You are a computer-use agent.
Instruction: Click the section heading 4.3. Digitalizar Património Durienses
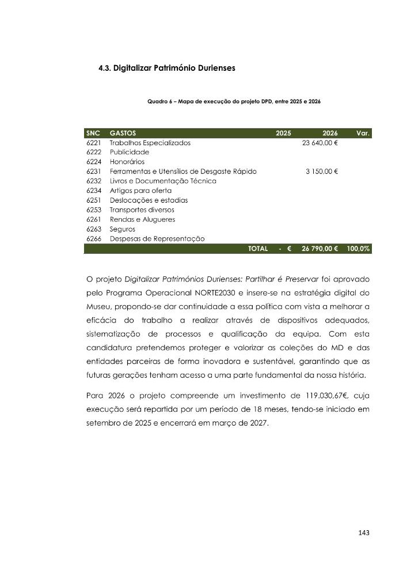166,67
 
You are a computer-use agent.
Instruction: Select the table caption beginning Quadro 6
234,101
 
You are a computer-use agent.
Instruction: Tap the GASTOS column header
123,133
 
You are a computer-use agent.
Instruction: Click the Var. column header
363,133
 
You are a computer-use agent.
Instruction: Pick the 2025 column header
283,133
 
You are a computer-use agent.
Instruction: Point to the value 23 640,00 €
320,143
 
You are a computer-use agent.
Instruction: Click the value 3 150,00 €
321,171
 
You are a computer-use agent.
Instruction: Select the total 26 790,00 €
320,249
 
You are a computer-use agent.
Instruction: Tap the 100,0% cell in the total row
358,249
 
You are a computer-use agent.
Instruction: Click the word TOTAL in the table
257,249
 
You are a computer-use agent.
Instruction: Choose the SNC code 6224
93,162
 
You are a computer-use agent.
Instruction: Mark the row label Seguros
123,229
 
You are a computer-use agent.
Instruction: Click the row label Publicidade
129,152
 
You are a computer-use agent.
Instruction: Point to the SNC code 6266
93,238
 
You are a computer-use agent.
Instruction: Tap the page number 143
363,533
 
